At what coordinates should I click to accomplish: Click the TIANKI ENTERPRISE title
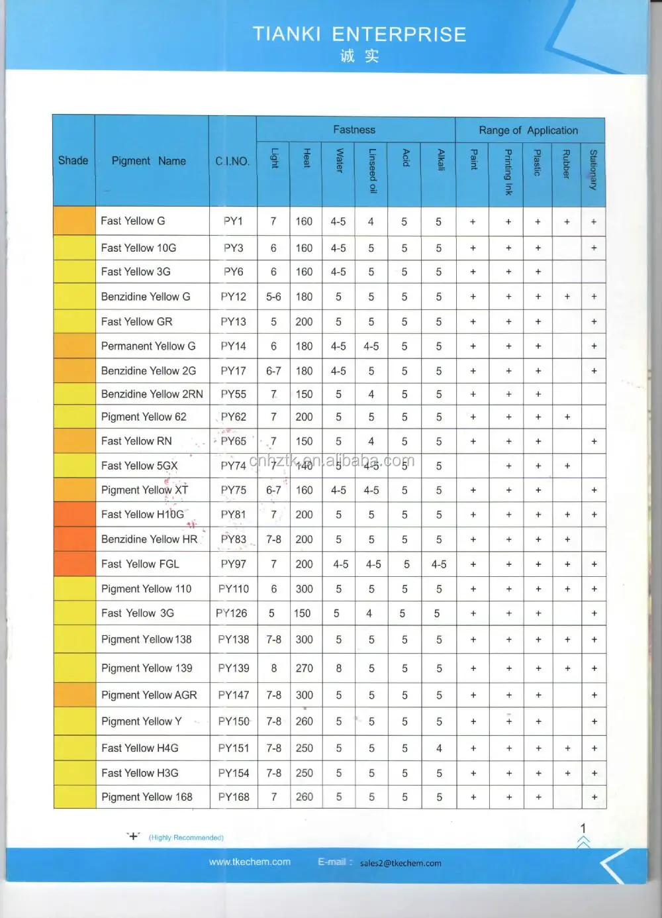[359, 34]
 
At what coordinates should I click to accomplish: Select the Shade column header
[73, 160]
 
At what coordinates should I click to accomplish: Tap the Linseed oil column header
[372, 170]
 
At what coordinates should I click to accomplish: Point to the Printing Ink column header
[508, 172]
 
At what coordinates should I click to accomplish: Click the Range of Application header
[528, 130]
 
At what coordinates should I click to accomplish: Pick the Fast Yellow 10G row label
[138, 248]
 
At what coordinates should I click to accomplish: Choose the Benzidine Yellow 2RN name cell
[152, 394]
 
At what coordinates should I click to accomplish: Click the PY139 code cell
[234, 668]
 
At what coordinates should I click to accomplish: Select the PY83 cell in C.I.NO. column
[233, 539]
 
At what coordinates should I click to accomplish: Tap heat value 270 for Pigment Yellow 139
[305, 668]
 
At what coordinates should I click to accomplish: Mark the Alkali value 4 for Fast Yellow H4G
[439, 748]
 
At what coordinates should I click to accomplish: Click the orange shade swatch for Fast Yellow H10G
[74, 515]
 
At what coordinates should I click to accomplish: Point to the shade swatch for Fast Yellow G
[74, 221]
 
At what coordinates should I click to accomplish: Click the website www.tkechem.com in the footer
[250, 862]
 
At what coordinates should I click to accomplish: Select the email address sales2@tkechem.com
[401, 863]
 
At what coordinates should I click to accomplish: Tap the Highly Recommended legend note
[186, 838]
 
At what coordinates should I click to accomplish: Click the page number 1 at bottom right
[583, 828]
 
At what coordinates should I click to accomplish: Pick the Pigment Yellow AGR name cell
[149, 695]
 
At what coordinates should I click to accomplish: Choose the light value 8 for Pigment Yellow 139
[274, 668]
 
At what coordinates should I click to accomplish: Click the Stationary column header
[593, 170]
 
